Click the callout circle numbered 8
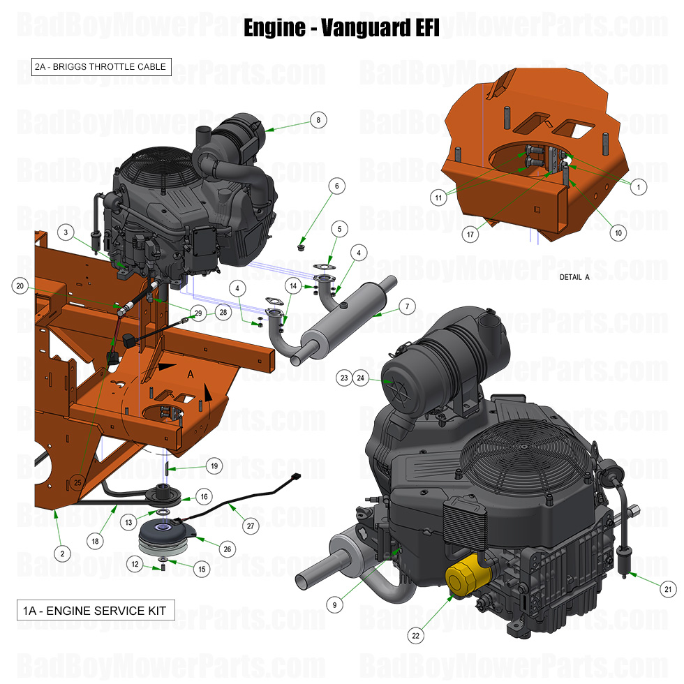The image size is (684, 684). tap(318, 120)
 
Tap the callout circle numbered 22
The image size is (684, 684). tap(417, 636)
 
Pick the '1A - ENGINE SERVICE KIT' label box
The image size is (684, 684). tap(95, 611)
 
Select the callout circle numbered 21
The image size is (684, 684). tap(668, 590)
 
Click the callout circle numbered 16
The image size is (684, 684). tap(204, 497)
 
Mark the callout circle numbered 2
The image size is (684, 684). tap(62, 553)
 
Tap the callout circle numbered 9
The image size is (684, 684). tap(335, 605)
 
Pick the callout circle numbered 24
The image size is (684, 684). tap(362, 378)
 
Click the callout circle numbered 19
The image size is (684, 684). tap(214, 466)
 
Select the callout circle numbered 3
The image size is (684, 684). tap(65, 232)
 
